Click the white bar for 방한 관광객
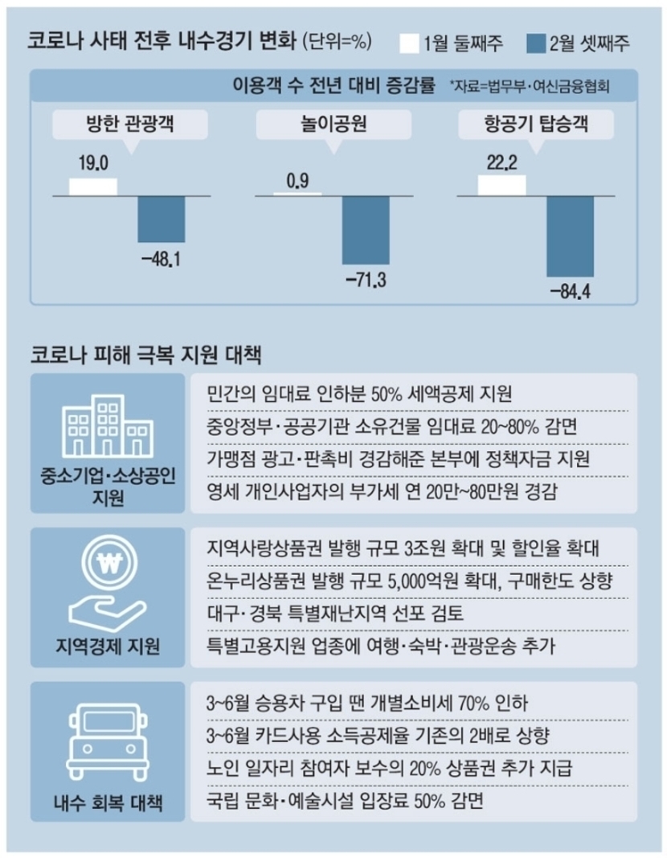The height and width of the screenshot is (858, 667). click(92, 186)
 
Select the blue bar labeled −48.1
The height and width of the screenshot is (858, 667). click(161, 218)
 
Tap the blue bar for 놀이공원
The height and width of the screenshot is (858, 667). click(366, 229)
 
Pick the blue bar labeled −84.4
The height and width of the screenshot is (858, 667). click(570, 236)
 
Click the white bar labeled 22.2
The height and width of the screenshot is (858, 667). click(501, 185)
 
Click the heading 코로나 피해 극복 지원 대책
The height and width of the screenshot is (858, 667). click(144, 353)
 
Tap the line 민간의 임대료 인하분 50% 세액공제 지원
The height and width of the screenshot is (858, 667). click(354, 394)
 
